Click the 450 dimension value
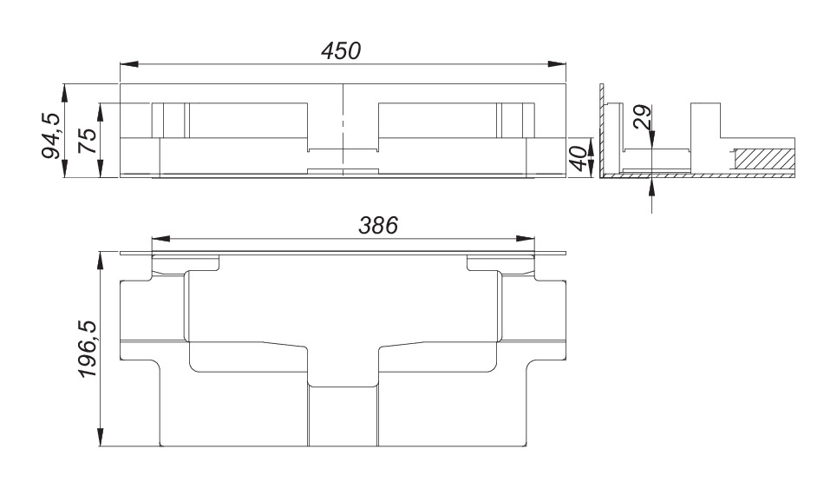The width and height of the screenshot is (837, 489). pos(340,51)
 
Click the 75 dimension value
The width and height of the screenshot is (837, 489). pos(87,140)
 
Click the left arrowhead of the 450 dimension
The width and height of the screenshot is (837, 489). pos(127,63)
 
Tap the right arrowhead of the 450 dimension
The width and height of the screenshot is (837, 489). pos(560,63)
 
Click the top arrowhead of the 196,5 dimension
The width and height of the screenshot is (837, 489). pos(101,258)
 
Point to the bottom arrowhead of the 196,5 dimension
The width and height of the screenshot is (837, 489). pos(101,442)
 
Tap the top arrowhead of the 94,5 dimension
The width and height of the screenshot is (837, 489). pos(65,90)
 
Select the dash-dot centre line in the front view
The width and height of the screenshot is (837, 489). pos(343,130)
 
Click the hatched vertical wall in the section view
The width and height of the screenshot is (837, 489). pos(599,130)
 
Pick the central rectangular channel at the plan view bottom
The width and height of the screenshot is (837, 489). pos(343,417)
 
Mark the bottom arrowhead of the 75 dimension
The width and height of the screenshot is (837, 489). pos(101,169)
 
